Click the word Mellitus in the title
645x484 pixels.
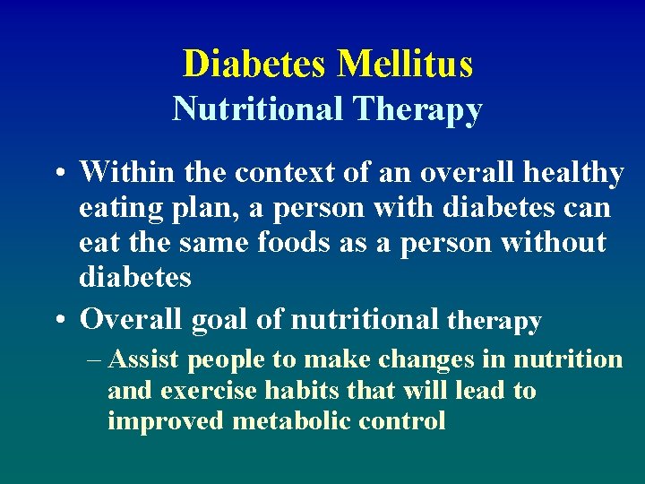point(405,65)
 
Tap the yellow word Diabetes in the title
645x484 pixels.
point(256,65)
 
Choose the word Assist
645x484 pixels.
point(144,360)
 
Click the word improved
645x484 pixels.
point(166,421)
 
